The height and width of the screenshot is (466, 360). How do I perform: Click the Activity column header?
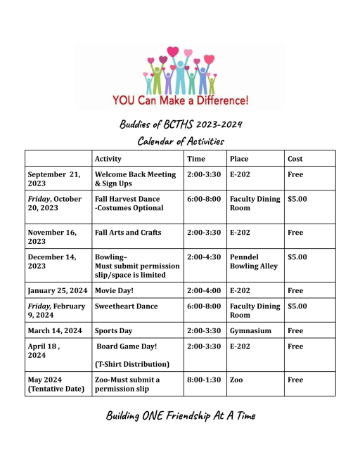tap(108, 159)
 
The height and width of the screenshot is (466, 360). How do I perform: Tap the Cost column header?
tap(295, 159)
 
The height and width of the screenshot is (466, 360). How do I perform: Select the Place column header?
tap(239, 159)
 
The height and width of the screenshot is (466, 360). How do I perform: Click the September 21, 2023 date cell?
tap(54, 179)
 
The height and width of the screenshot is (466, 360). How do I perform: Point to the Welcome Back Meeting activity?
tap(135, 179)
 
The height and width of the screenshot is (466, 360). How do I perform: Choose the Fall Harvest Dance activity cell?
tap(129, 203)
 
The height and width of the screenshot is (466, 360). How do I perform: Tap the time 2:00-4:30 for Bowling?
tap(204, 257)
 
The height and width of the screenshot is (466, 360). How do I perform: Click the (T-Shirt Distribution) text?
tap(132, 364)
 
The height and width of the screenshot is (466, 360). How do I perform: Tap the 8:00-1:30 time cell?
tap(204, 380)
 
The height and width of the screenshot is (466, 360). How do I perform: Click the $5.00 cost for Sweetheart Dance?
tap(297, 306)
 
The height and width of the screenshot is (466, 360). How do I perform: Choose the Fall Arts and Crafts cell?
tap(128, 233)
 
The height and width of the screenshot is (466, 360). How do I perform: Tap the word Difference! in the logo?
tap(222, 101)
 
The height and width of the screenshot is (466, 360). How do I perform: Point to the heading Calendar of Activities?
tap(181, 141)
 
